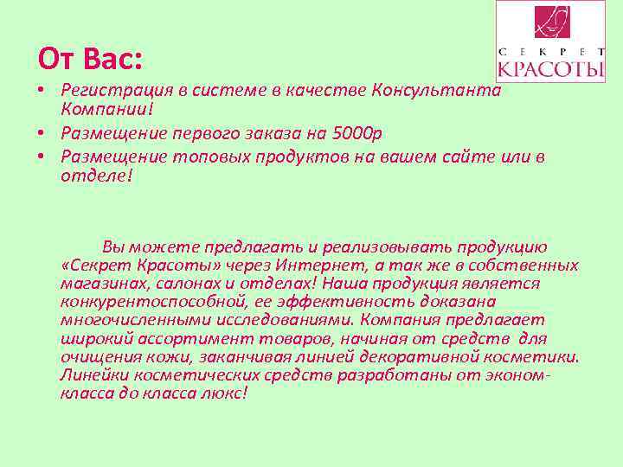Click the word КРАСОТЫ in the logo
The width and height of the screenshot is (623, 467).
click(551, 67)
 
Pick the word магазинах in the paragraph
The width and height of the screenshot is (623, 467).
click(97, 283)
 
